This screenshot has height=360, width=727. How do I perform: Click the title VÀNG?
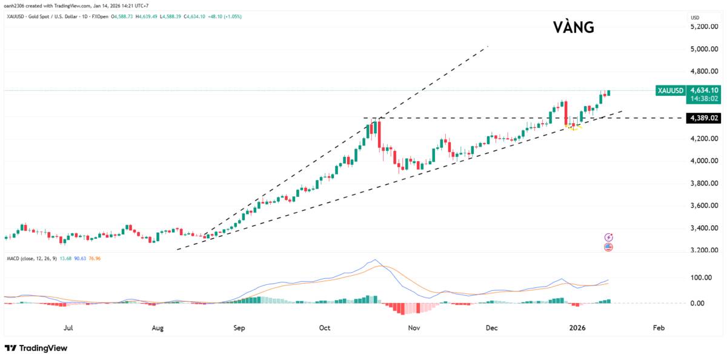click(x=573, y=27)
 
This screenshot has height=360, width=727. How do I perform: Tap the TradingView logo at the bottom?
click(x=36, y=348)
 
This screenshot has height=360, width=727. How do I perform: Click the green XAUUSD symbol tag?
click(x=670, y=91)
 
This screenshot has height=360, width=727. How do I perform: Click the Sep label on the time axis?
click(x=239, y=328)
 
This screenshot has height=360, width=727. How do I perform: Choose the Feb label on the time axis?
click(x=659, y=328)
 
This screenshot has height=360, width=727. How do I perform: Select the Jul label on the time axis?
click(x=68, y=328)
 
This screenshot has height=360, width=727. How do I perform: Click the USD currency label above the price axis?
click(x=695, y=18)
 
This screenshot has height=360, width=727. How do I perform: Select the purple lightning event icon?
click(x=609, y=237)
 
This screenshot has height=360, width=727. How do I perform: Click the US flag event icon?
click(x=609, y=247)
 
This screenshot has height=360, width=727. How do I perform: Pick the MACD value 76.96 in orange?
click(x=95, y=259)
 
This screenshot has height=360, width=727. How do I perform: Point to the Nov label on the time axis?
click(x=414, y=328)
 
